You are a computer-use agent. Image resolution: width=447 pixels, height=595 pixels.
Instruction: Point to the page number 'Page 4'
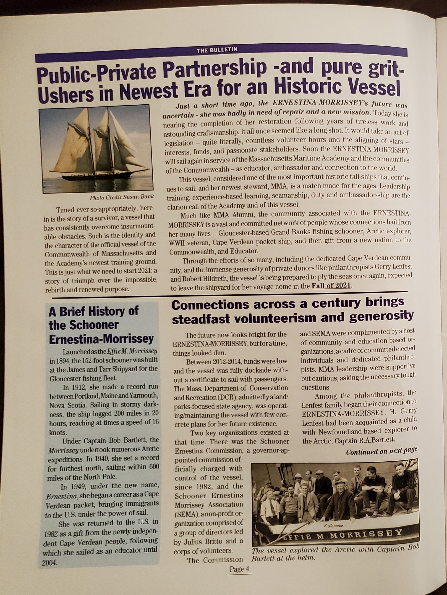[x=239, y=569]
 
